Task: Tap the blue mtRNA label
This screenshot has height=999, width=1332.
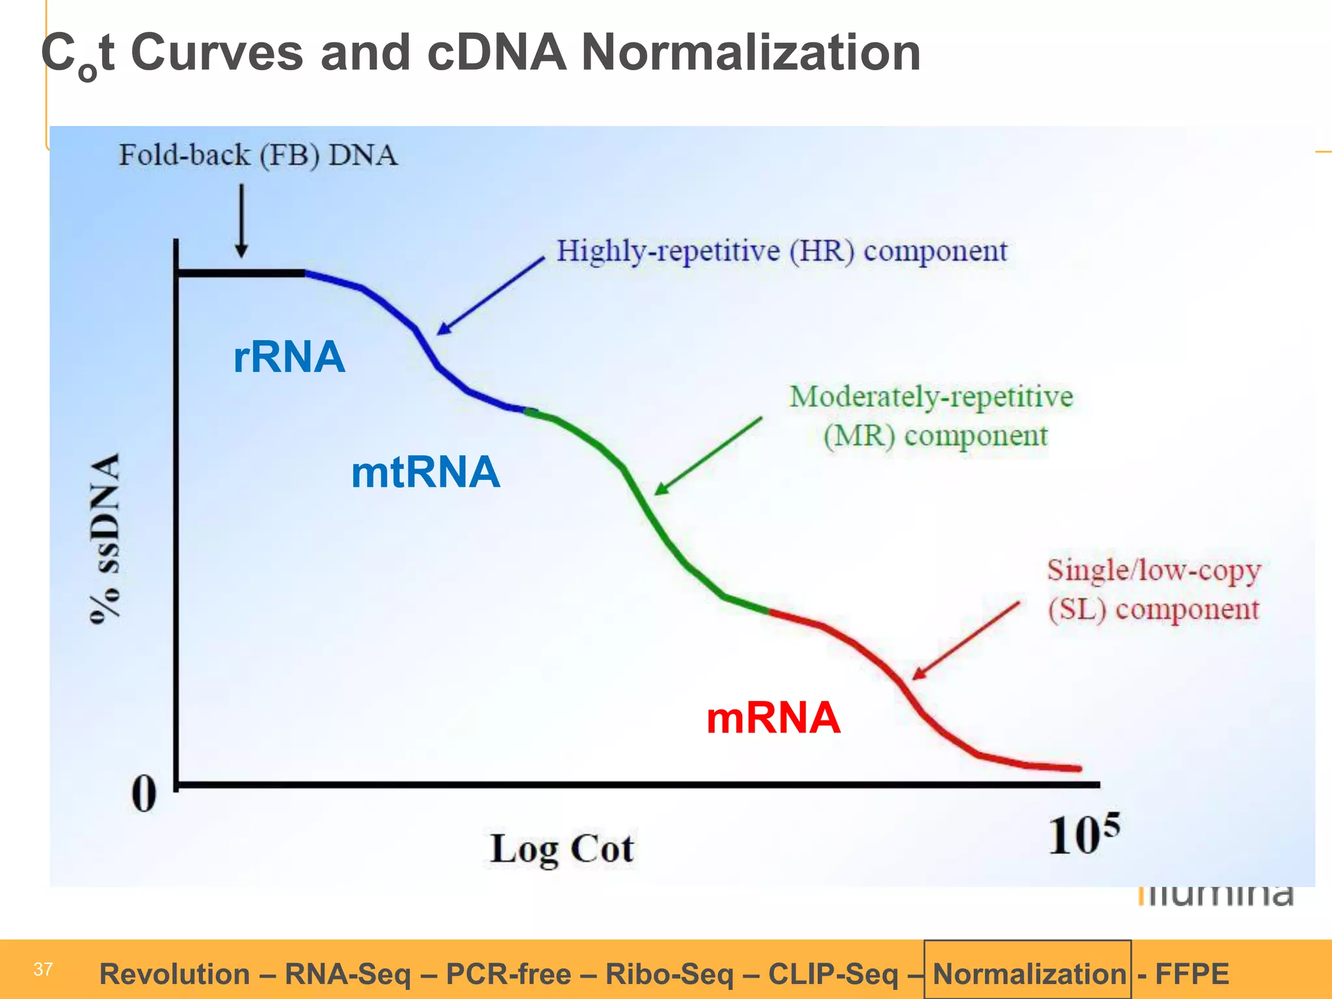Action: (x=425, y=472)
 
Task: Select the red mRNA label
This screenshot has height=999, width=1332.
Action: (x=773, y=718)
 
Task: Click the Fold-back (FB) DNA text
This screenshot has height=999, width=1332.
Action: (x=258, y=155)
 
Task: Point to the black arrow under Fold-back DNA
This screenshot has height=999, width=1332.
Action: (x=241, y=221)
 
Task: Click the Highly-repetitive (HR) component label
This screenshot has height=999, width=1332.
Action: (x=781, y=251)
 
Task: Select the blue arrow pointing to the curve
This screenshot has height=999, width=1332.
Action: (x=490, y=296)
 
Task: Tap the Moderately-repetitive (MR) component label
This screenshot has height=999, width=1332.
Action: (x=931, y=415)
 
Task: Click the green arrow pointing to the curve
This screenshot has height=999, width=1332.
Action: (x=708, y=456)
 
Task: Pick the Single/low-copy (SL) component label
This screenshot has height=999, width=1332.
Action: (x=1153, y=589)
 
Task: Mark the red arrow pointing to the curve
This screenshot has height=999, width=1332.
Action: (x=966, y=641)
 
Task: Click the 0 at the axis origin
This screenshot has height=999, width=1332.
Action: (x=144, y=794)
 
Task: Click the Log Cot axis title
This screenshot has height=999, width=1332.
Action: (x=562, y=849)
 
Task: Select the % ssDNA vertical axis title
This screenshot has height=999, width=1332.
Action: (x=105, y=539)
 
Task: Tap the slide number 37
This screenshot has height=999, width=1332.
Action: (x=43, y=969)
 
